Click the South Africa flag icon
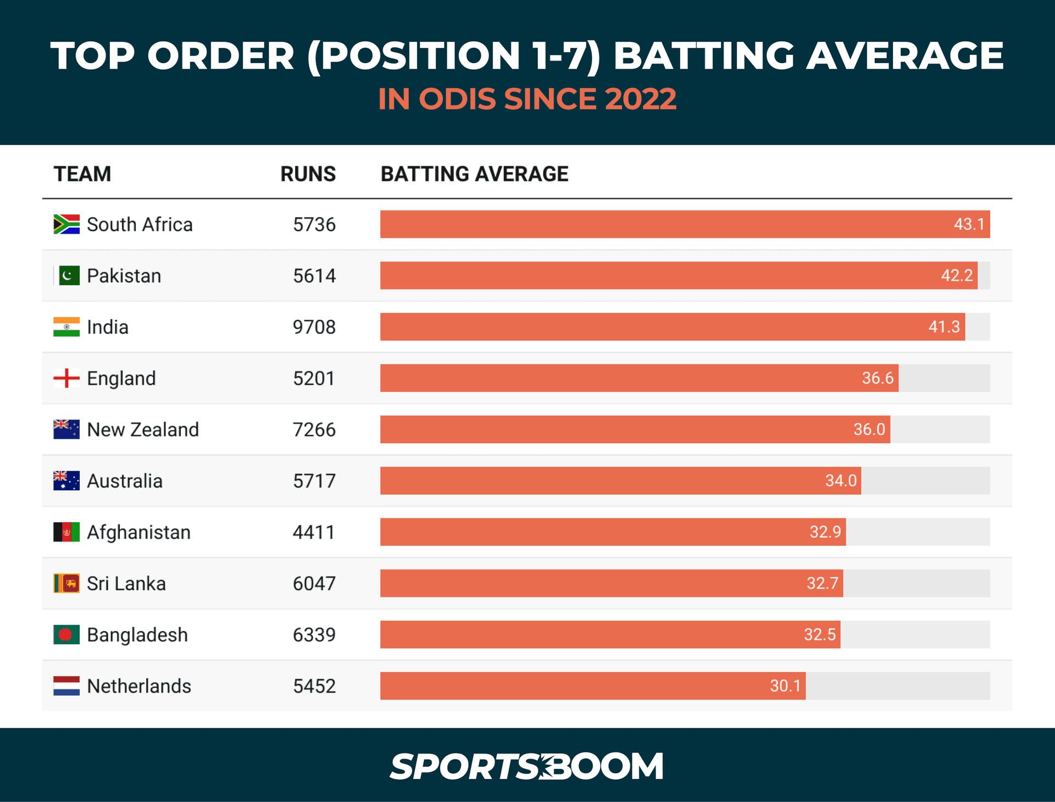pos(66,224)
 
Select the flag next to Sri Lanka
pos(66,583)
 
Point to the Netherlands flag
pos(66,686)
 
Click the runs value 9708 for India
pos(314,327)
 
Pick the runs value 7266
pos(314,429)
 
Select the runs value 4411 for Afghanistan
pos(313,532)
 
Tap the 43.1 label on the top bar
pos(969,224)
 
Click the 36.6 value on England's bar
pos(877,378)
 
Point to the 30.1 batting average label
pos(785,686)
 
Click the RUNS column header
pos(308,174)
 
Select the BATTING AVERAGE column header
pos(474,174)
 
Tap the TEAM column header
pos(82,174)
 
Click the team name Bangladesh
pos(137,635)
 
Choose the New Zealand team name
pos(143,429)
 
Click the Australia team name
pos(125,481)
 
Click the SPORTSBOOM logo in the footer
pos(526,766)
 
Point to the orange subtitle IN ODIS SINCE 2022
pos(527,99)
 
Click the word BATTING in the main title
pos(703,56)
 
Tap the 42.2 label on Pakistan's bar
pos(957,275)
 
